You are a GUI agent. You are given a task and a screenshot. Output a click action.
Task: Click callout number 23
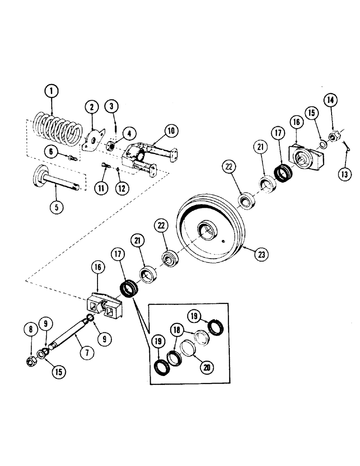262,254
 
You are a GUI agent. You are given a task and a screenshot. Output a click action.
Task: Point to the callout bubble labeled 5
56,207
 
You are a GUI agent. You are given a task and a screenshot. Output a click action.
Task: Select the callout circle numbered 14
330,99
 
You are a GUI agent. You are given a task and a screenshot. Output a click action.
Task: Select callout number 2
92,107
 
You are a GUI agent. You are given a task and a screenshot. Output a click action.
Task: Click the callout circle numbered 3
111,107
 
